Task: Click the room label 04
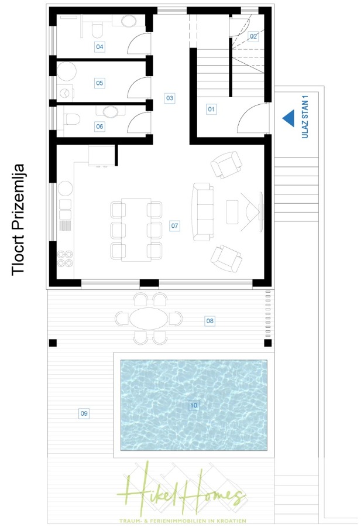point(99,47)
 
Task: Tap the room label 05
point(99,83)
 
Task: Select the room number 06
point(99,126)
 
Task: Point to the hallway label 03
point(170,98)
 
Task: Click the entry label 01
point(211,109)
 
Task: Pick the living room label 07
point(174,225)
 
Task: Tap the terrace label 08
point(210,321)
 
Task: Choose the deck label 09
point(84,413)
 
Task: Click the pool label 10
point(194,405)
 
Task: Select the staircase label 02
point(253,36)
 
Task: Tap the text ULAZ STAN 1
point(305,117)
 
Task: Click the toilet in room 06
point(72,119)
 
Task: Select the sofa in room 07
point(202,212)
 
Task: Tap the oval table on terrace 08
point(149,319)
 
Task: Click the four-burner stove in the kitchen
point(65,258)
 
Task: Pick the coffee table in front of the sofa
point(232,212)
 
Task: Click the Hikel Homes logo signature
point(181,494)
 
